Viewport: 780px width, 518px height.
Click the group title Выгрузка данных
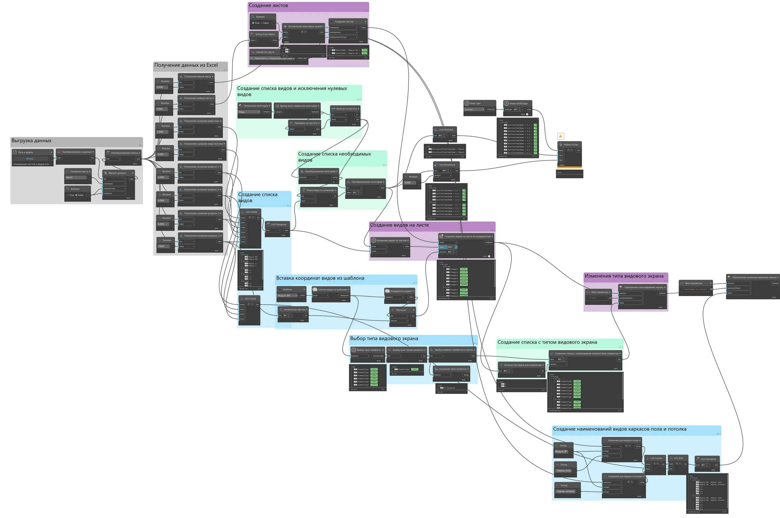32,141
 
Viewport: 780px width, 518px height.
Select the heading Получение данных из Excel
186,65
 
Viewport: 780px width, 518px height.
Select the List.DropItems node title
447,165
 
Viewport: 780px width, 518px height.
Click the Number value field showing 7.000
162,246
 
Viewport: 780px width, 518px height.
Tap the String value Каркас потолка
565,491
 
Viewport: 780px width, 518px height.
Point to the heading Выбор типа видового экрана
384,339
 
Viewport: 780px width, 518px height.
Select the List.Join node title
678,458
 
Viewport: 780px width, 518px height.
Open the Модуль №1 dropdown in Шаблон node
287,295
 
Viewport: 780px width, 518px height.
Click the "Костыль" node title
401,310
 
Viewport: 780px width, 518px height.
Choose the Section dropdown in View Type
474,109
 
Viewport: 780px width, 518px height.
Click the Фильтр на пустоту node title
346,109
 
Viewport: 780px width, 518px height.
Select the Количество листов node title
294,310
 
